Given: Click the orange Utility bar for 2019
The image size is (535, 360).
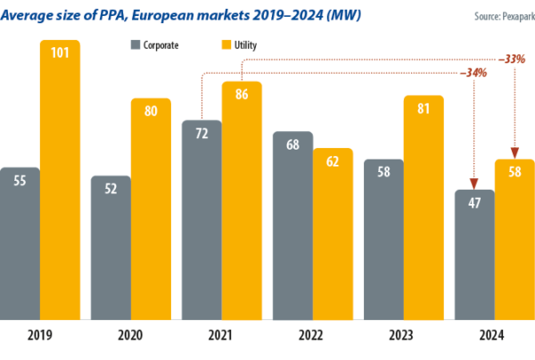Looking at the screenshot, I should pyautogui.click(x=60, y=178).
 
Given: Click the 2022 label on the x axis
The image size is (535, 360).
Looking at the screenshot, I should pyautogui.click(x=312, y=336).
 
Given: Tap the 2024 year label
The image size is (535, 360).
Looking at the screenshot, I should pyautogui.click(x=493, y=336).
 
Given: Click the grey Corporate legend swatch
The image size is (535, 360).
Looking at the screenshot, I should pyautogui.click(x=135, y=44).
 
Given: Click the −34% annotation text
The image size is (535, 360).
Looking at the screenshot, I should pyautogui.click(x=473, y=72).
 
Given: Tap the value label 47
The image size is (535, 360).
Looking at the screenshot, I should pyautogui.click(x=474, y=201).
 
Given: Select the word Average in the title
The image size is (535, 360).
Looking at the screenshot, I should pyautogui.click(x=28, y=14).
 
